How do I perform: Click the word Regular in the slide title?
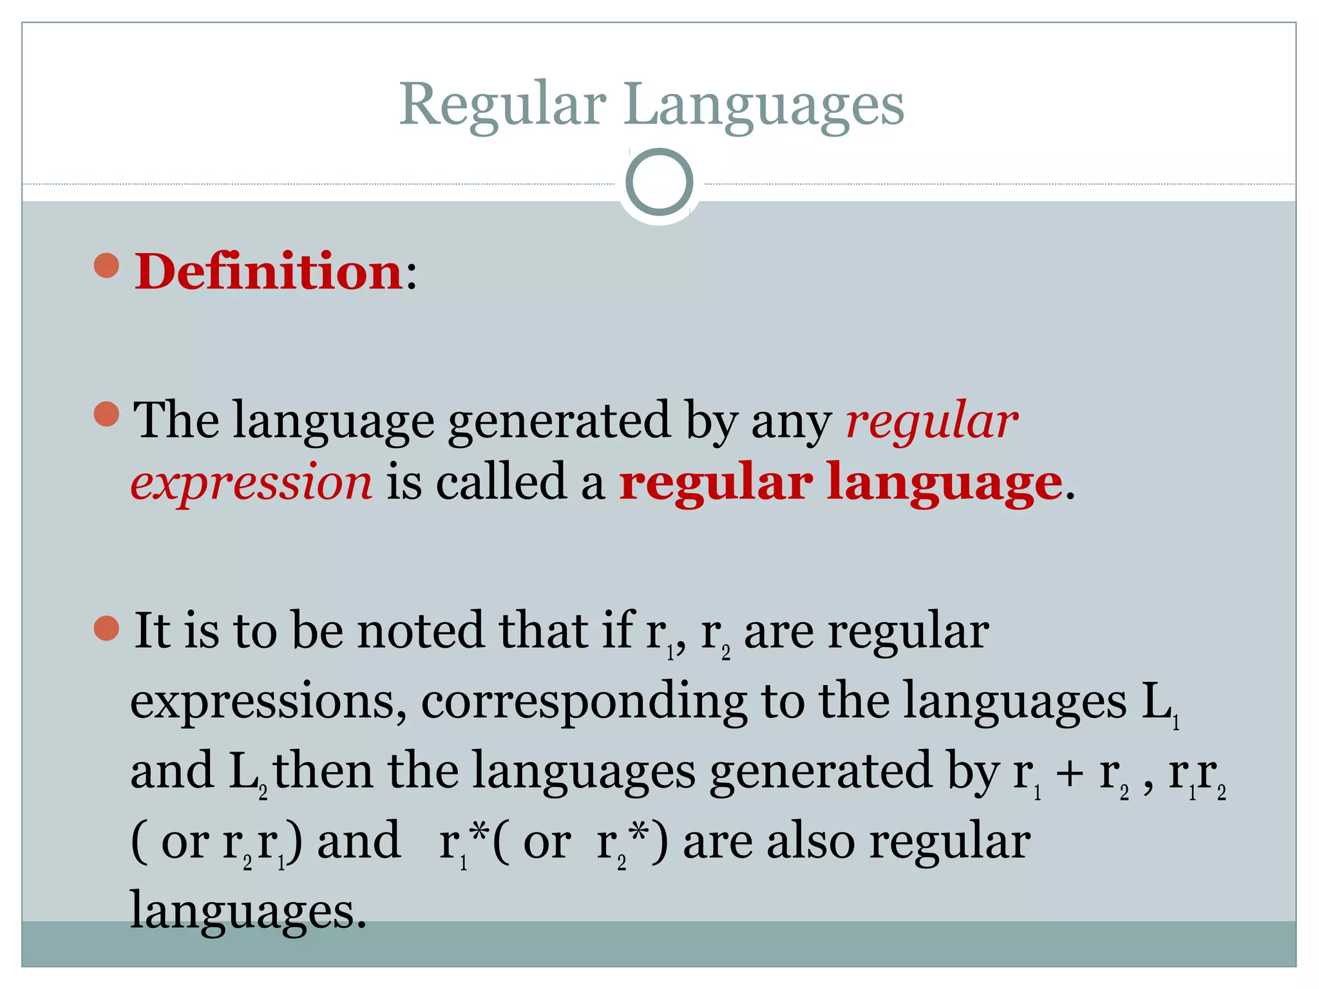point(502,104)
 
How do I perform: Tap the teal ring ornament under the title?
point(659,182)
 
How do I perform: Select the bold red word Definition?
point(269,272)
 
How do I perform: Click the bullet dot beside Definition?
point(107,265)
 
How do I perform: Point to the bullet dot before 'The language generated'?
point(107,414)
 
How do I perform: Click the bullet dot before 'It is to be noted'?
point(107,628)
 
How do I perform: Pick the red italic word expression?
point(251,482)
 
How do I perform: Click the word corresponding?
point(584,701)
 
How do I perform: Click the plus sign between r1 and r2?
point(1069,772)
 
